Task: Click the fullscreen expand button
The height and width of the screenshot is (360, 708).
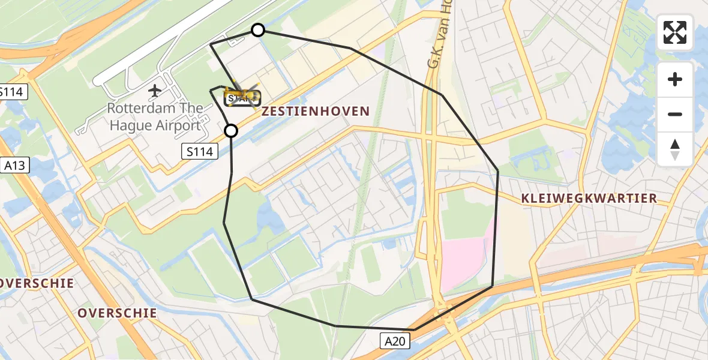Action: (x=675, y=32)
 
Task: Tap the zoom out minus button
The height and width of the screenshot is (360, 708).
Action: (x=675, y=114)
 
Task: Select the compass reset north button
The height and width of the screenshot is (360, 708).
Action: (x=675, y=149)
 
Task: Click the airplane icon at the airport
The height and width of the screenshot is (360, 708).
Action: (x=155, y=91)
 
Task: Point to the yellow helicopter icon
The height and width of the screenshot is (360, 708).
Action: (x=242, y=95)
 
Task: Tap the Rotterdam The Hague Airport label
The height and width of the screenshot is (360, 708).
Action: (x=154, y=118)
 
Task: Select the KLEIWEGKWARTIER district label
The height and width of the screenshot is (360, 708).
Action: (x=589, y=199)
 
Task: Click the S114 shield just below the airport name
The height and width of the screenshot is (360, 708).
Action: (x=199, y=152)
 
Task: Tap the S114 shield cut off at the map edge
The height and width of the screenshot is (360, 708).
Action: (x=10, y=92)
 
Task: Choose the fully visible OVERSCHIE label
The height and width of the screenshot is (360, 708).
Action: (x=117, y=313)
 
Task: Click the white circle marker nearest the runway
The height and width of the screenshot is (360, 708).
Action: (x=257, y=30)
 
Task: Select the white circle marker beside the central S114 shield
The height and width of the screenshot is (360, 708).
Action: (x=231, y=131)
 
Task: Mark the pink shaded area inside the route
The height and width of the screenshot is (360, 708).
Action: (x=465, y=252)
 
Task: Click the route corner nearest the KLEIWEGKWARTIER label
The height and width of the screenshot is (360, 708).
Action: (x=497, y=171)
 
